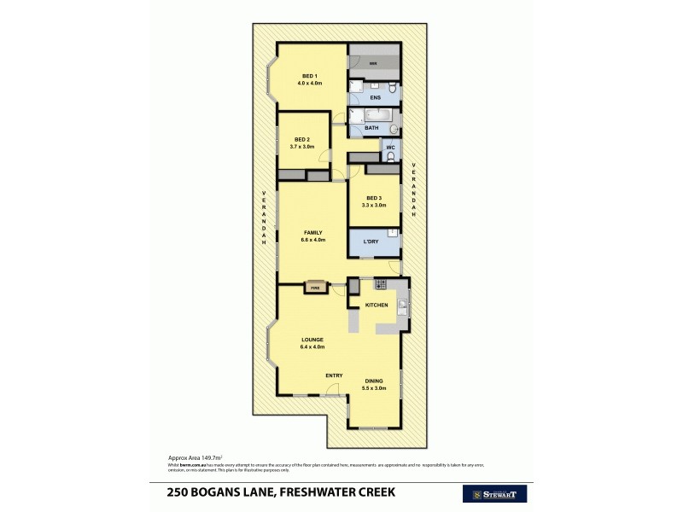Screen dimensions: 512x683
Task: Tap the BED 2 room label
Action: point(301,139)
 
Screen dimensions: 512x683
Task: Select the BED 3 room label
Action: point(374,198)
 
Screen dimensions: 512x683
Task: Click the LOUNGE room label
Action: point(312,340)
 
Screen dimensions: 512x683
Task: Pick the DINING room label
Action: point(374,381)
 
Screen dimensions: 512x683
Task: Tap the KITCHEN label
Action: point(377,305)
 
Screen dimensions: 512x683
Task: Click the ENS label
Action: point(375,98)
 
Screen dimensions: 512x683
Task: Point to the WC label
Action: point(390,148)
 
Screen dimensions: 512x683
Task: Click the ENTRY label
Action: point(334,375)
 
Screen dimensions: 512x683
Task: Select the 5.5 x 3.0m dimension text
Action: point(374,388)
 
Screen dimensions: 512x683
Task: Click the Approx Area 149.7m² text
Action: point(187,457)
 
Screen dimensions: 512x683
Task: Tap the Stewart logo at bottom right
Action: point(494,493)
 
